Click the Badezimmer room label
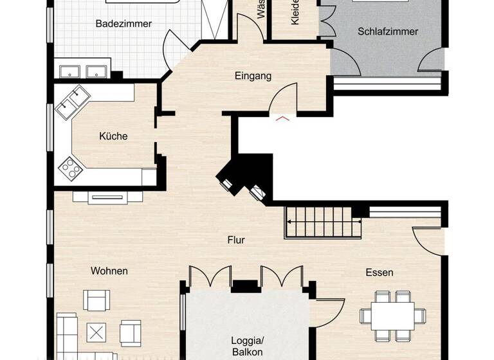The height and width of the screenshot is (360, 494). (x=123, y=24)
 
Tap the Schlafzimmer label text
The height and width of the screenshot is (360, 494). (x=388, y=31)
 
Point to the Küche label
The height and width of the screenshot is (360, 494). (x=113, y=136)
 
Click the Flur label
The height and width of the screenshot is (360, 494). (x=236, y=240)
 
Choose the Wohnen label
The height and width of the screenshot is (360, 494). (x=109, y=271)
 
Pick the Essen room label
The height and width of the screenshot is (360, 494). (x=379, y=273)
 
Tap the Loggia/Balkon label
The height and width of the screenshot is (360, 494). (x=247, y=346)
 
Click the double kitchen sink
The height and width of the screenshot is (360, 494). (x=72, y=102)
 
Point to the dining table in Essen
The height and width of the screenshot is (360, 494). (x=392, y=315)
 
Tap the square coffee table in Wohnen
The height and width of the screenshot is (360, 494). (x=97, y=332)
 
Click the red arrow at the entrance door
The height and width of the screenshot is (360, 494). (x=282, y=118)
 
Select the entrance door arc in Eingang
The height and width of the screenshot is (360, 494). (x=281, y=98)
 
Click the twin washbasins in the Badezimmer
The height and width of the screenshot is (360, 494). (x=84, y=71)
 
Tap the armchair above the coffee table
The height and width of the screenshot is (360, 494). (x=96, y=301)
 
